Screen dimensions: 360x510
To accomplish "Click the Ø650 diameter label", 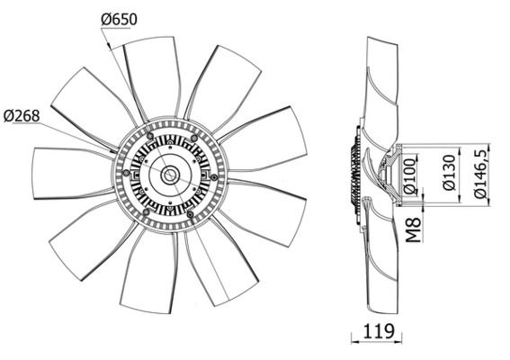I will [121, 17].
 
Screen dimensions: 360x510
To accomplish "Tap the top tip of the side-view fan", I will [376, 40].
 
